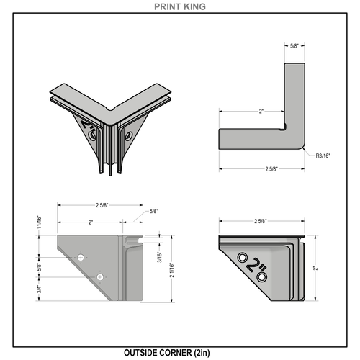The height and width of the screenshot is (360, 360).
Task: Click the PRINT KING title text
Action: (x=180, y=6)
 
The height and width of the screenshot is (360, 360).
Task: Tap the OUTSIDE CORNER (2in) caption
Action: (x=167, y=353)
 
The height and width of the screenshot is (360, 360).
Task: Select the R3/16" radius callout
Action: (x=323, y=156)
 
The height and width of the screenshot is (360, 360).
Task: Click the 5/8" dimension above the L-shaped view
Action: (x=294, y=46)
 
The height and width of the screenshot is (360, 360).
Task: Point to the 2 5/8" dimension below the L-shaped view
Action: (x=271, y=169)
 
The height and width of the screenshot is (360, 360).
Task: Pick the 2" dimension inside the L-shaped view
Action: (x=261, y=112)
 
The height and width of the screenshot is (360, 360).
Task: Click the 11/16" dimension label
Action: (x=40, y=222)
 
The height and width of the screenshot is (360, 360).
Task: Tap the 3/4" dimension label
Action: (x=40, y=289)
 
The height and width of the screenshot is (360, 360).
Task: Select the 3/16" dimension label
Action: (x=159, y=257)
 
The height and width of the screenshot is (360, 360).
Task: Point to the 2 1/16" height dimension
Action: (x=172, y=270)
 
